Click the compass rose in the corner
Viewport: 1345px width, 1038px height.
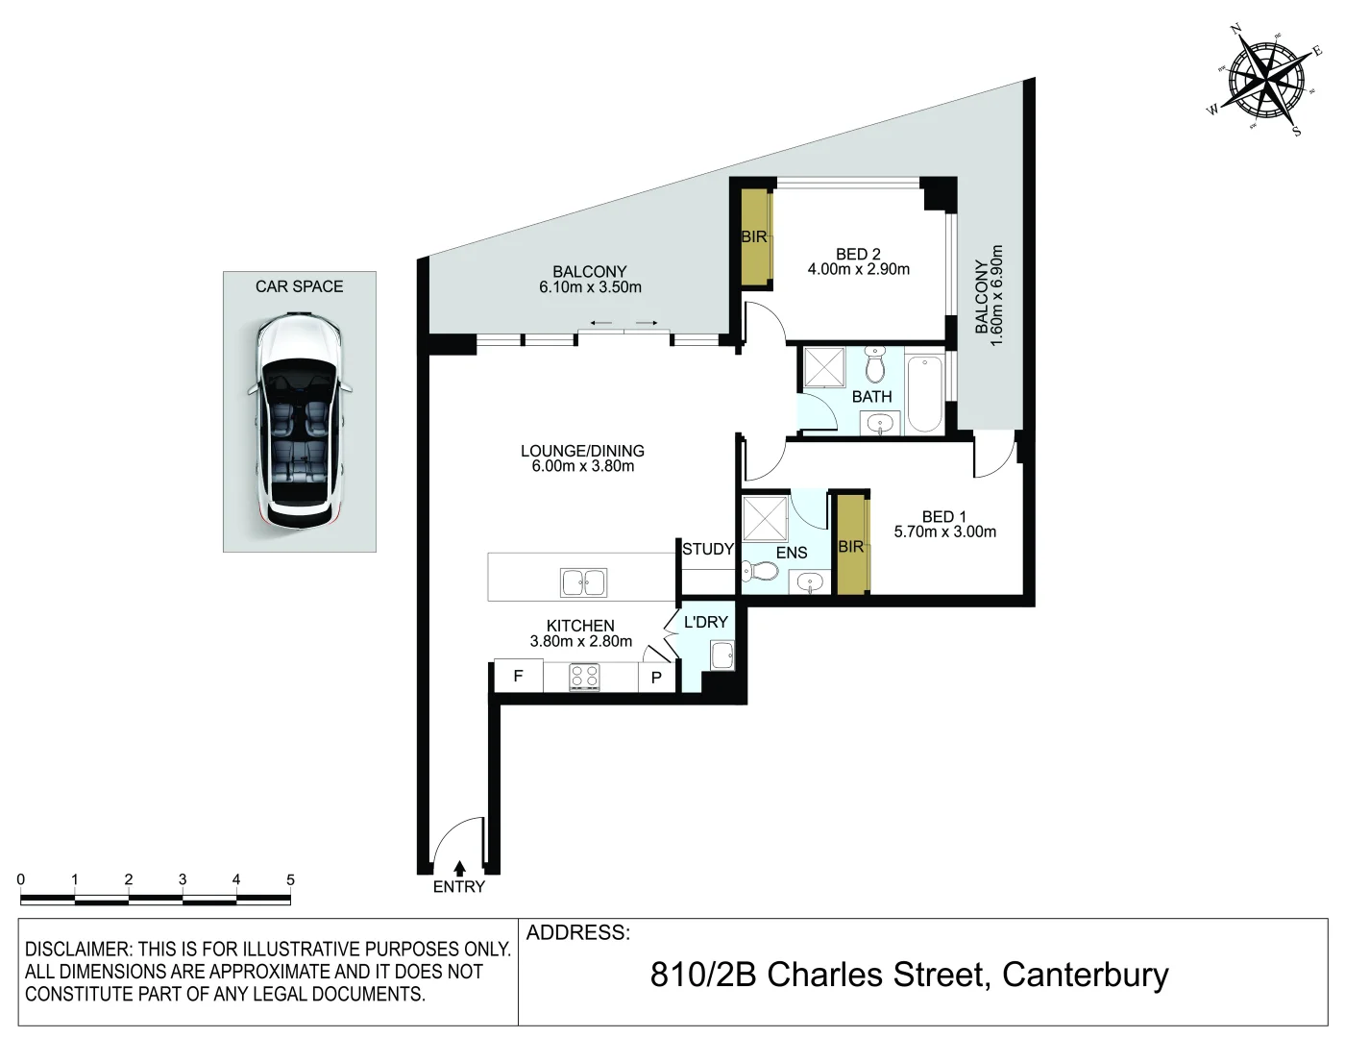click(x=1265, y=81)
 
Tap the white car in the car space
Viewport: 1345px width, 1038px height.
click(x=299, y=422)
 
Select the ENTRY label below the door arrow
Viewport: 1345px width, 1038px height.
click(x=458, y=887)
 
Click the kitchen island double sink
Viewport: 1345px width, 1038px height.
click(x=583, y=582)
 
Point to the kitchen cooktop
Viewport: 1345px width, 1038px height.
click(x=584, y=678)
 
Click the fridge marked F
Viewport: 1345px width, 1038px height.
click(x=519, y=676)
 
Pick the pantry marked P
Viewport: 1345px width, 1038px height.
click(x=657, y=678)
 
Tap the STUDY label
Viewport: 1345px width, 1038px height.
click(x=707, y=549)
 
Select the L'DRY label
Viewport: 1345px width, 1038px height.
click(x=705, y=622)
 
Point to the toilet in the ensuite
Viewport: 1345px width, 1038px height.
click(x=760, y=571)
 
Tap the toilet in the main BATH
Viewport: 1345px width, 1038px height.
click(x=874, y=364)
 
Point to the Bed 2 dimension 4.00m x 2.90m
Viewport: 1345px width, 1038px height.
click(x=859, y=269)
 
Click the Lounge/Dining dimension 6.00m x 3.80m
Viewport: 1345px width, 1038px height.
click(x=583, y=466)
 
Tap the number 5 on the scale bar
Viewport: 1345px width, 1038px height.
click(x=290, y=879)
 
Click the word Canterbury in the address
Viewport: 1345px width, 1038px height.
click(x=1085, y=976)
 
